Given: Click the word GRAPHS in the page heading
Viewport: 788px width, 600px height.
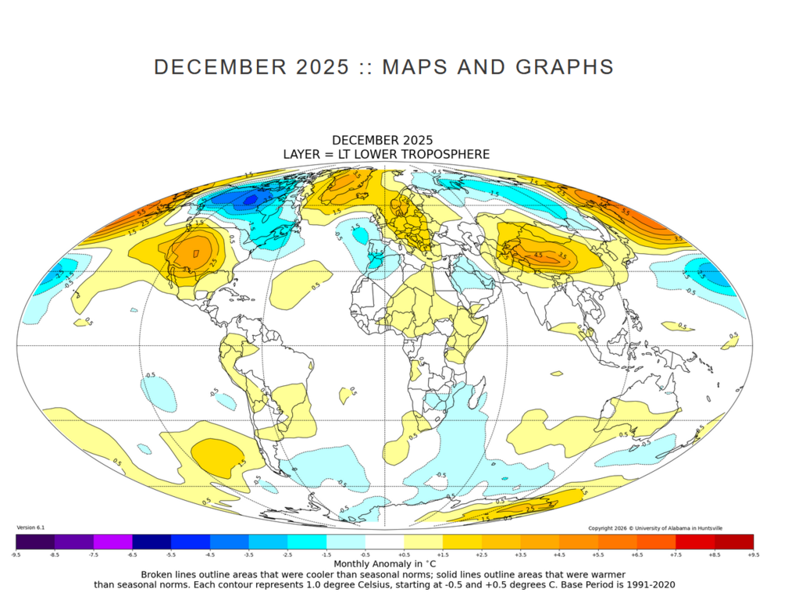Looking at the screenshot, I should tap(566, 67).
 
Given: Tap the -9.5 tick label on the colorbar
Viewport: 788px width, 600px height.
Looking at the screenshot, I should tap(16, 554).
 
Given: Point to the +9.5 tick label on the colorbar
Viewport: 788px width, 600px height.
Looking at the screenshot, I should tap(753, 554).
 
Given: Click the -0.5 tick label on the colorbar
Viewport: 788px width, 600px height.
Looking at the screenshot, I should tap(365, 554).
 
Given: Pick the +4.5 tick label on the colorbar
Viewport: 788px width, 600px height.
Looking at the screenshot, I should tap(559, 554).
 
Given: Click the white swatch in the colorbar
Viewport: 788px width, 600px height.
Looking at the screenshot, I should tap(384, 541).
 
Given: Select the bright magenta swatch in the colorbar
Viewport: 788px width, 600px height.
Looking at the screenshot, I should tap(112, 541).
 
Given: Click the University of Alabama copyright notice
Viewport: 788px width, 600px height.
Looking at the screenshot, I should tap(654, 528).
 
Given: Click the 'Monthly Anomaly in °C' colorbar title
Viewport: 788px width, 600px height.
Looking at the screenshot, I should tap(385, 563).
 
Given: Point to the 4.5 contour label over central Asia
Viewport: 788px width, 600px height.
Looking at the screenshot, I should tap(537, 255).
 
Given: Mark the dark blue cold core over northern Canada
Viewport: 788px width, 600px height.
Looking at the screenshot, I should tap(250, 200).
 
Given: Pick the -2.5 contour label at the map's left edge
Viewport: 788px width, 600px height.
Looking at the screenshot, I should tap(56, 275).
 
